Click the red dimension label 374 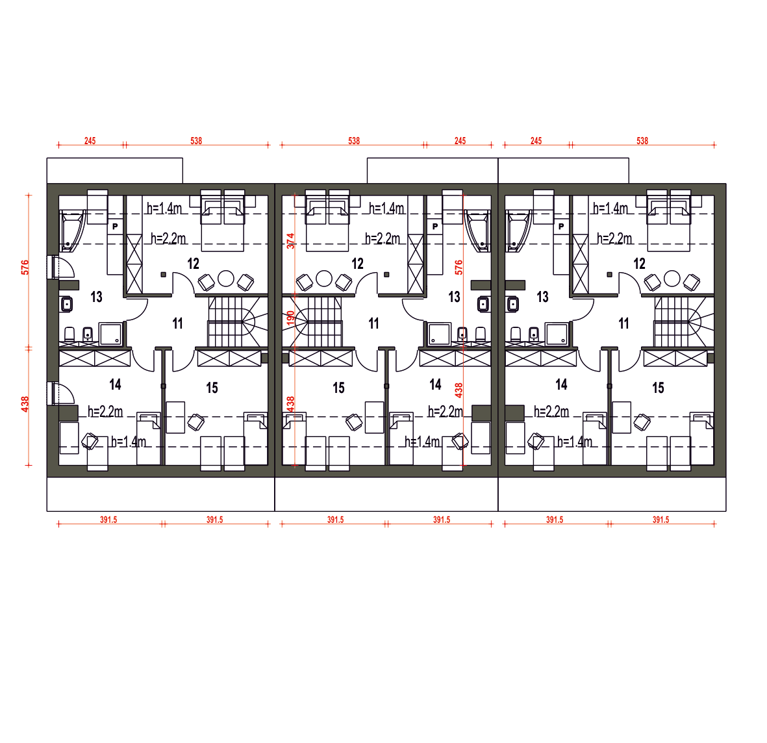pyautogui.click(x=290, y=241)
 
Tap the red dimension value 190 pyautogui.click(x=290, y=318)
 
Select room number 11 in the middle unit pyautogui.click(x=373, y=323)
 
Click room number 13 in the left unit pyautogui.click(x=96, y=296)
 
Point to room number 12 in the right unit pyautogui.click(x=639, y=264)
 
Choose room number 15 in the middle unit pyautogui.click(x=338, y=388)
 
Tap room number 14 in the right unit pyautogui.click(x=561, y=384)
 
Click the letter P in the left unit pyautogui.click(x=115, y=227)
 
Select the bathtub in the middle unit pyautogui.click(x=478, y=231)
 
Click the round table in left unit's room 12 pyautogui.click(x=225, y=279)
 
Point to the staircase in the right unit pyautogui.click(x=684, y=321)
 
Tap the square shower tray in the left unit pyautogui.click(x=110, y=334)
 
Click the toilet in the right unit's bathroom pyautogui.click(x=516, y=334)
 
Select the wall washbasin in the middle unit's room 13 pyautogui.click(x=483, y=304)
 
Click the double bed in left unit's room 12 pyautogui.click(x=223, y=225)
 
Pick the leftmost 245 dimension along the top pyautogui.click(x=90, y=141)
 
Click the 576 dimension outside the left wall pyautogui.click(x=25, y=267)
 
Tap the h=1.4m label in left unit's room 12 pyautogui.click(x=164, y=208)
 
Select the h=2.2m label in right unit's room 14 pyautogui.click(x=551, y=411)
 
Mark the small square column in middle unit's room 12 pyautogui.click(x=386, y=275)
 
